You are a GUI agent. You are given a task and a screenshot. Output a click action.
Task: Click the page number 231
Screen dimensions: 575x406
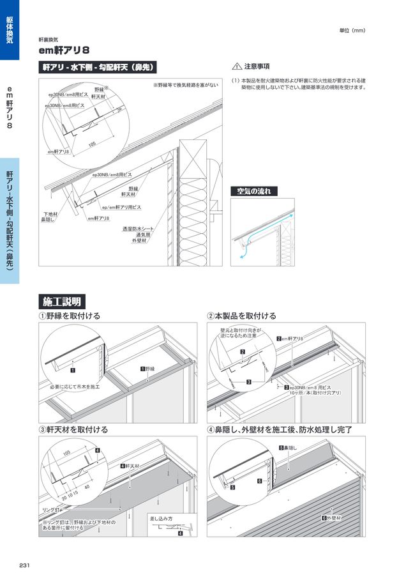pos(25,565)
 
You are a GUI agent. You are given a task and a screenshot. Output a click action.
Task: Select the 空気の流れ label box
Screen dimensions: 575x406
pos(253,191)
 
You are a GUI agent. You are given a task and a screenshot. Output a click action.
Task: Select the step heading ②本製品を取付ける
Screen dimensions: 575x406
pos(242,316)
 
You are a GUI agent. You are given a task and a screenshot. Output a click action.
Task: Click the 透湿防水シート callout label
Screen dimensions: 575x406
pos(138,228)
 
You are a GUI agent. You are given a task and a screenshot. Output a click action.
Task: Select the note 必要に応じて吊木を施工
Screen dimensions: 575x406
pos(75,387)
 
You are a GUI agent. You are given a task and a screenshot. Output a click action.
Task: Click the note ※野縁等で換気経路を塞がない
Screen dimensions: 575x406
pos(186,85)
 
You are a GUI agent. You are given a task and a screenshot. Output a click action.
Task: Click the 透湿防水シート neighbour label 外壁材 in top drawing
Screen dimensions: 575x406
pos(140,241)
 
